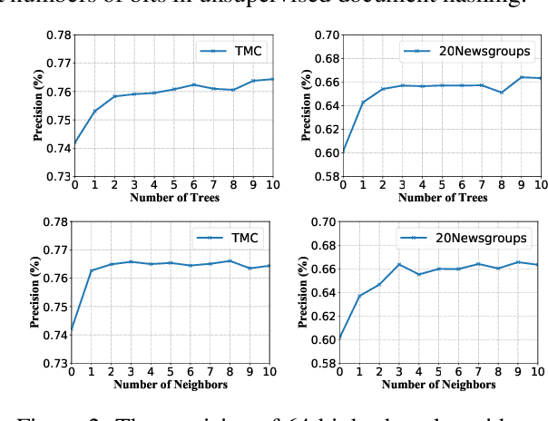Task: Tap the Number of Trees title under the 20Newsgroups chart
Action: click(442, 197)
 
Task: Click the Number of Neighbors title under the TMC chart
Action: click(172, 384)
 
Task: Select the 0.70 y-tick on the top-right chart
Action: click(325, 35)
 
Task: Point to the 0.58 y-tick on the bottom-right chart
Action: click(325, 364)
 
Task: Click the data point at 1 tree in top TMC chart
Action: click(93, 111)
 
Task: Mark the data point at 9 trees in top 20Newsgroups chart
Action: click(522, 77)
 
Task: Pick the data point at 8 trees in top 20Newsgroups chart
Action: click(502, 93)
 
